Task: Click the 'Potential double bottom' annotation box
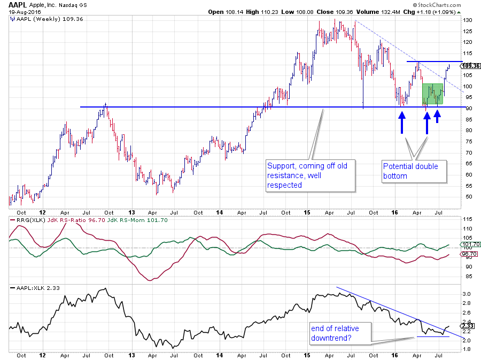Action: click(413, 171)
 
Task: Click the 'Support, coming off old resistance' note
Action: click(309, 175)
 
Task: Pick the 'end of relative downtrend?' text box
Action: click(339, 333)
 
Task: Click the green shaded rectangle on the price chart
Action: click(433, 94)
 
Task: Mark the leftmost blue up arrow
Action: click(401, 122)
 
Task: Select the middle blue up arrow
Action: click(427, 122)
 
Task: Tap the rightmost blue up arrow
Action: click(438, 117)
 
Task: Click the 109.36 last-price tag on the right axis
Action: click(470, 66)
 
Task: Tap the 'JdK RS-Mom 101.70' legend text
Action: click(110, 219)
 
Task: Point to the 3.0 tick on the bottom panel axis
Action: click(466, 294)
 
